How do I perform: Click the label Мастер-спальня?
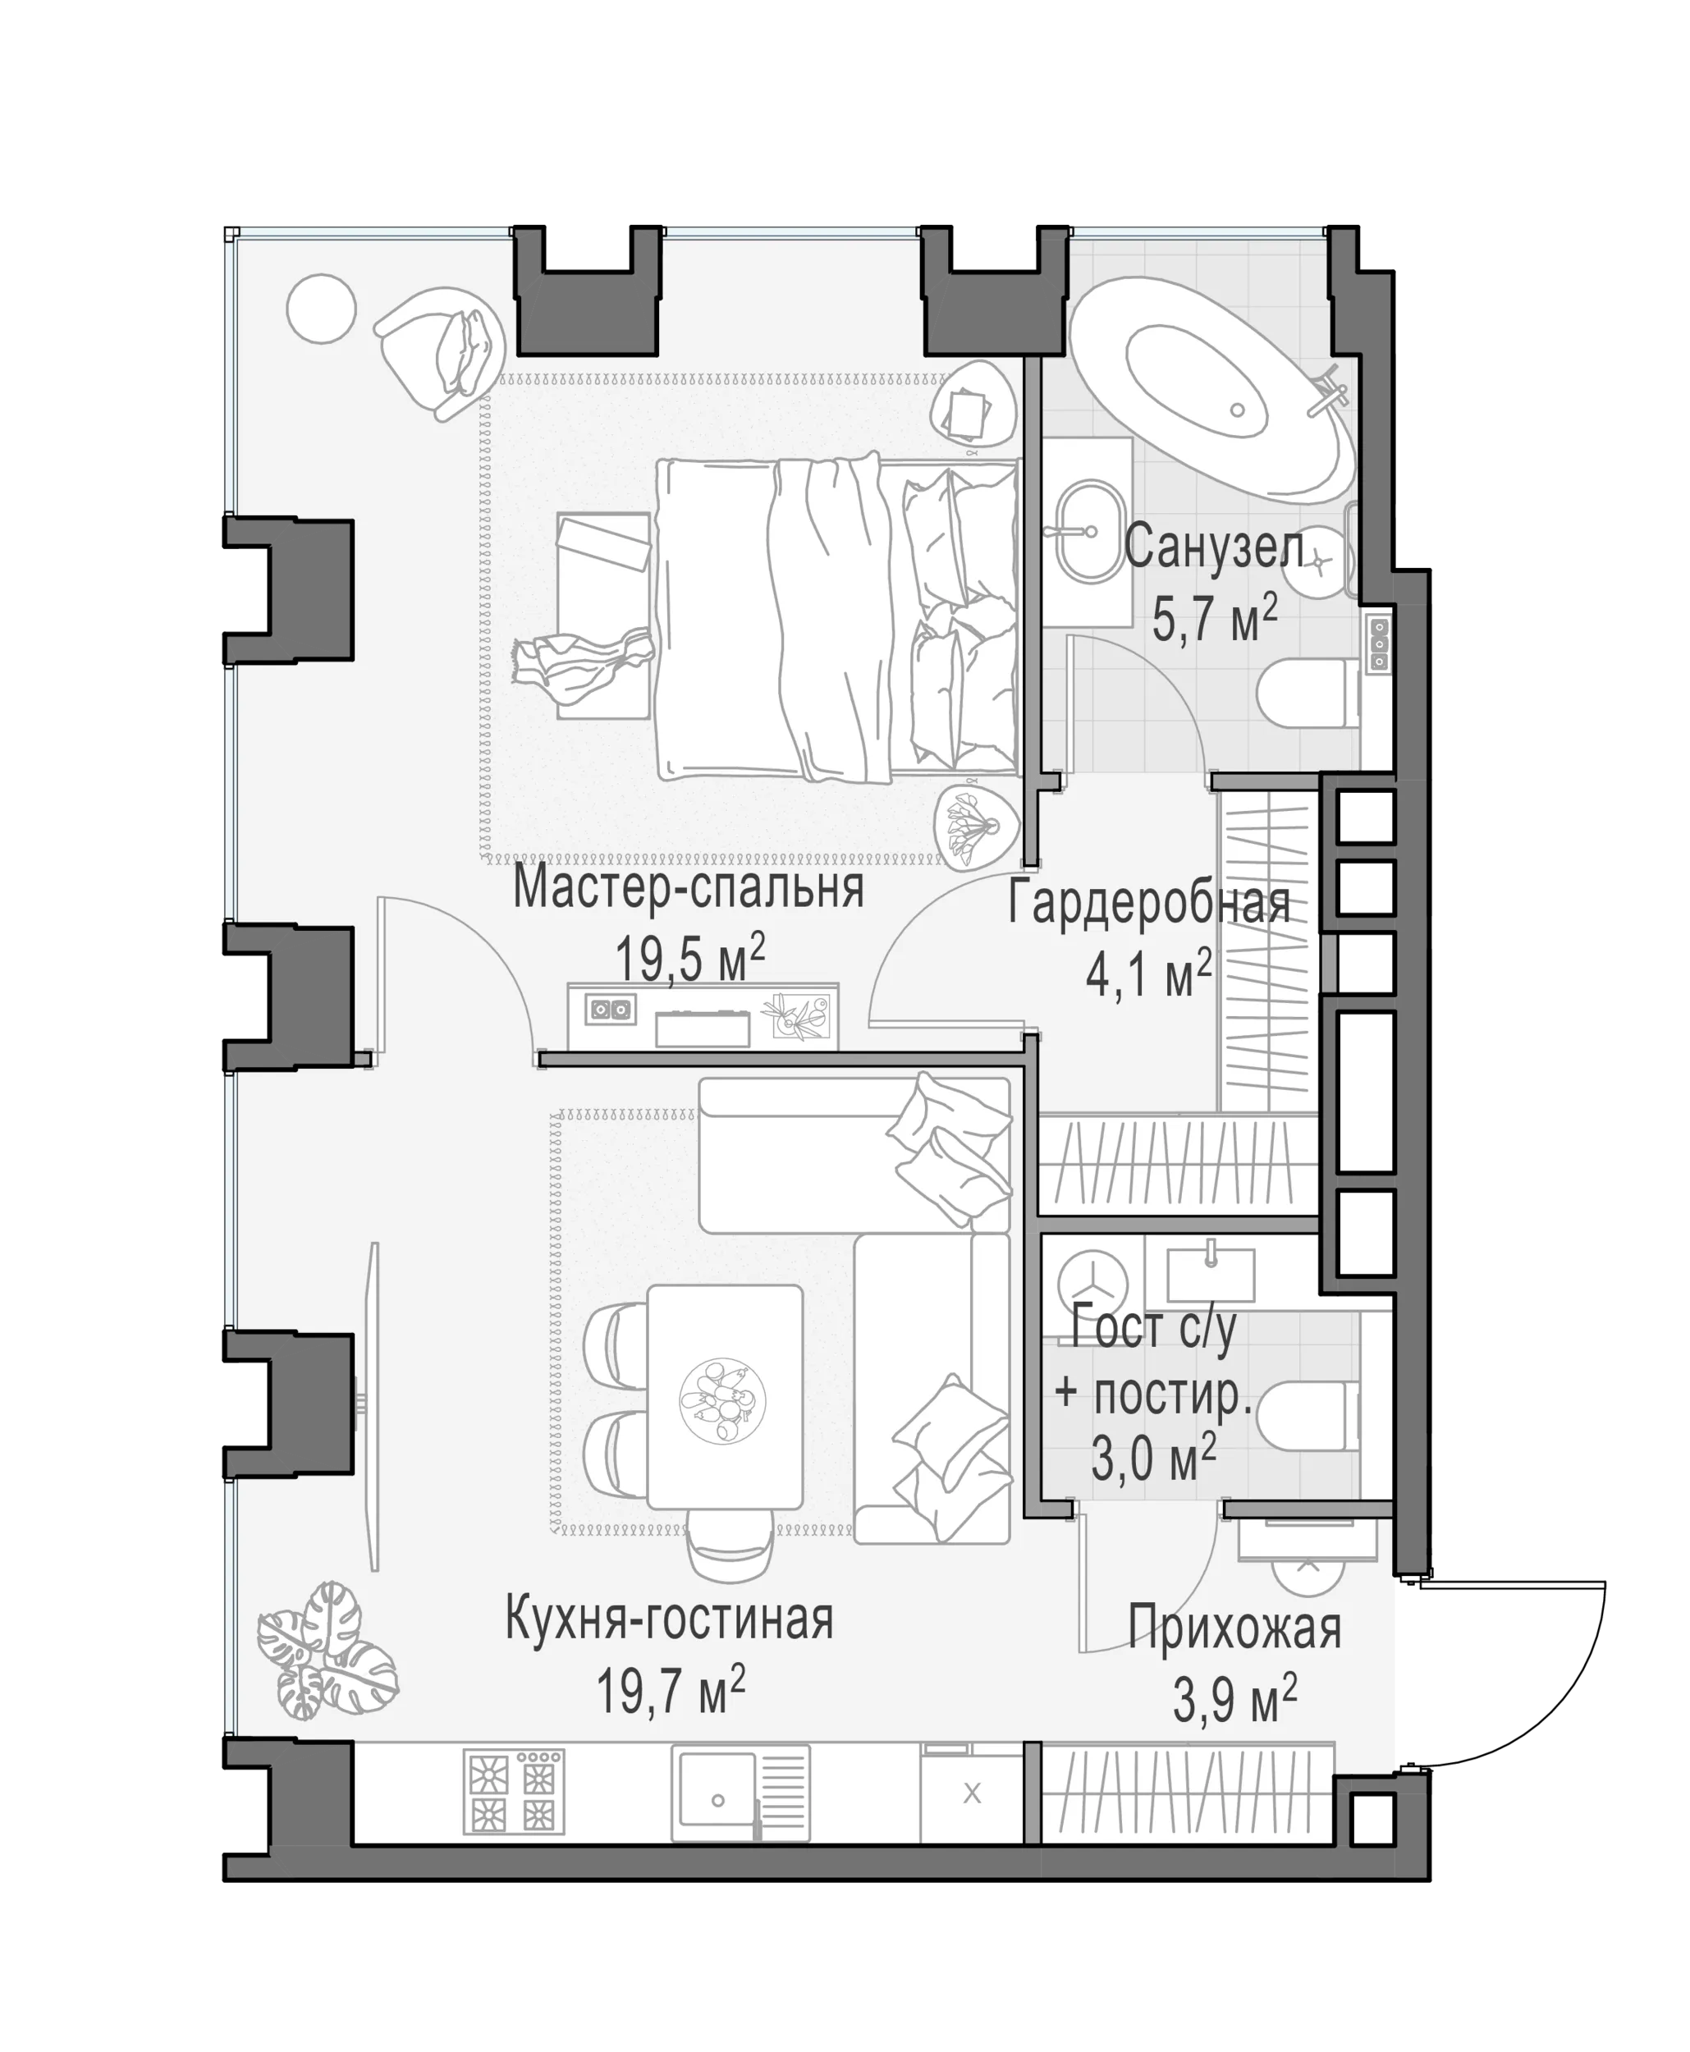pos(689,889)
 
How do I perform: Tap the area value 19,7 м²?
pos(671,1691)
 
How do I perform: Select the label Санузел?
pos(1214,547)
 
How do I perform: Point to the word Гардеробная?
pos(1149,902)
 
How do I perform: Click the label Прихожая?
pos(1235,1628)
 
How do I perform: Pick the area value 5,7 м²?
pos(1215,619)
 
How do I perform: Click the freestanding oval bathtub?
pos(1212,389)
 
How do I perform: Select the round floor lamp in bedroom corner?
pos(321,309)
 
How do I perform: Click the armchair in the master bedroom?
pos(440,350)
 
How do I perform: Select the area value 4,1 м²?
pos(1149,974)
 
